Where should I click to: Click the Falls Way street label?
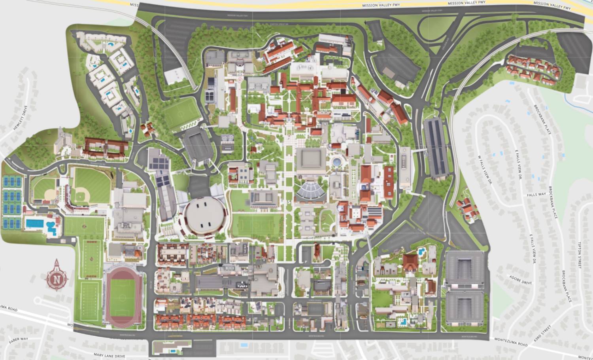pyautogui.click(x=536, y=195)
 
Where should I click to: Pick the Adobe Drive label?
pyautogui.click(x=521, y=280)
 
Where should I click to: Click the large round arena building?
pyautogui.click(x=205, y=216)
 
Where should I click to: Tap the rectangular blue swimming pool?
pyautogui.click(x=35, y=224)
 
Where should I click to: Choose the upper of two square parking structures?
pyautogui.click(x=465, y=269)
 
